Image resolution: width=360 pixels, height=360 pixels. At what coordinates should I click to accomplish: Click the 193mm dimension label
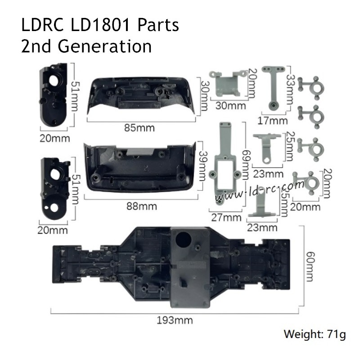click(x=175, y=320)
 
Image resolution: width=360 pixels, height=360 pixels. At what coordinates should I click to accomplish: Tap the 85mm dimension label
click(x=139, y=128)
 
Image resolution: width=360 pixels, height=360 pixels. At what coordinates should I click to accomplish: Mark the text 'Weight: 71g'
click(x=315, y=335)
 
